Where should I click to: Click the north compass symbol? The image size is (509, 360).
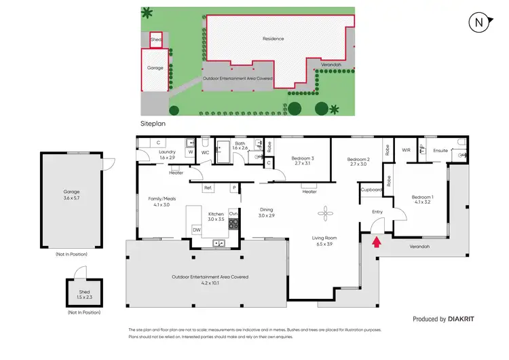479,22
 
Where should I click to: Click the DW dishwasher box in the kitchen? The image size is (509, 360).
196,230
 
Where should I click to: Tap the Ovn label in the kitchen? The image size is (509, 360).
233,213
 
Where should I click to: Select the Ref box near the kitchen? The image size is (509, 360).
208,187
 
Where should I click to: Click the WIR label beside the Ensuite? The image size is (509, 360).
407,149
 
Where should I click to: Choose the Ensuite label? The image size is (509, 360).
440,150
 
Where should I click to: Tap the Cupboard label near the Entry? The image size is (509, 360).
372,190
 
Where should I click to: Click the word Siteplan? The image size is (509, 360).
153,124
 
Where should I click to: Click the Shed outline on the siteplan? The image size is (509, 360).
156,40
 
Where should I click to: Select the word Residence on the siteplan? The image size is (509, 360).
273,39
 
